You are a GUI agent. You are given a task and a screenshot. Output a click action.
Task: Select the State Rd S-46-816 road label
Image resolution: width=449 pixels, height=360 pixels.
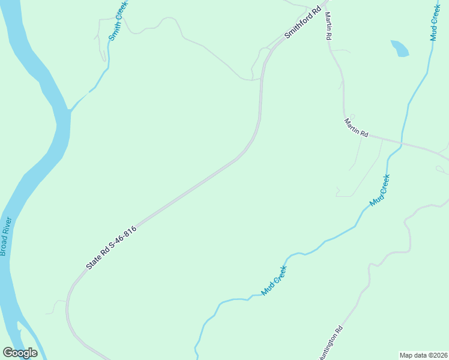(112, 247)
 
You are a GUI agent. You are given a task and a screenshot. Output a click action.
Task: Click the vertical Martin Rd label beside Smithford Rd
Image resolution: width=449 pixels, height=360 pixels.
(328, 26)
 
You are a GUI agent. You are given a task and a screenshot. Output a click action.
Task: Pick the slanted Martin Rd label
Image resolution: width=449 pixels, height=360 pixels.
(356, 127)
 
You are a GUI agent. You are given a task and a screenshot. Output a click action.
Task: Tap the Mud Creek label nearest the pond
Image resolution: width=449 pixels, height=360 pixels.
(435, 22)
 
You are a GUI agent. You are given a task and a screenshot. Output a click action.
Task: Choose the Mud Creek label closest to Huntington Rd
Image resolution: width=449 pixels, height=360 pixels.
(274, 280)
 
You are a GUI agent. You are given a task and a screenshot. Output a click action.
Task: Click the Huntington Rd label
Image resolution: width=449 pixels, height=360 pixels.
(331, 343)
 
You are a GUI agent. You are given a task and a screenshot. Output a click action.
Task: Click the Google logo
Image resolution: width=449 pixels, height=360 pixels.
(20, 353)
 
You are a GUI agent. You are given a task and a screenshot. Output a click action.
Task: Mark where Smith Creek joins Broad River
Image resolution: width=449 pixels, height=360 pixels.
(70, 110)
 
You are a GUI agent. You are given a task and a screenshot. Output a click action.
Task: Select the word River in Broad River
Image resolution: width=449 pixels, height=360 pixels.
(7, 226)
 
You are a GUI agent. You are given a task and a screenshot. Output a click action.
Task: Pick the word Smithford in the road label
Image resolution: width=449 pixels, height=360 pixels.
(297, 27)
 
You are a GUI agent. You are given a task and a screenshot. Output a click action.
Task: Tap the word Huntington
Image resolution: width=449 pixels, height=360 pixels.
(328, 347)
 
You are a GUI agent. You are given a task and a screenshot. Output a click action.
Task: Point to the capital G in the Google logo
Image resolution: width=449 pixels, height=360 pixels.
(7, 353)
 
